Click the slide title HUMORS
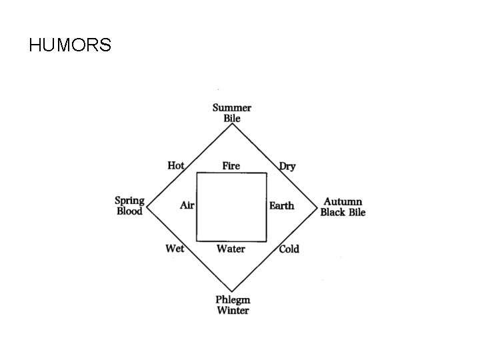click(x=70, y=45)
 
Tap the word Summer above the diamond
click(x=232, y=107)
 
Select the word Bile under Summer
click(x=232, y=118)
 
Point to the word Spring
click(x=129, y=201)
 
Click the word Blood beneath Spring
click(x=129, y=211)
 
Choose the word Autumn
click(x=343, y=201)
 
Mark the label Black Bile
click(x=343, y=212)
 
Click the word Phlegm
click(x=232, y=299)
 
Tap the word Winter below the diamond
click(x=232, y=310)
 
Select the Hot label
click(x=176, y=165)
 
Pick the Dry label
click(x=287, y=166)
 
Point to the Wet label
click(x=175, y=249)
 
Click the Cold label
click(x=289, y=249)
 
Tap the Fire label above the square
click(x=231, y=165)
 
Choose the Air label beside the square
click(x=187, y=205)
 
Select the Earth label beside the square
click(x=281, y=205)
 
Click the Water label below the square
click(x=231, y=249)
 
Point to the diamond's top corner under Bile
click(x=232, y=124)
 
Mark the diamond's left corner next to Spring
click(x=147, y=207)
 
